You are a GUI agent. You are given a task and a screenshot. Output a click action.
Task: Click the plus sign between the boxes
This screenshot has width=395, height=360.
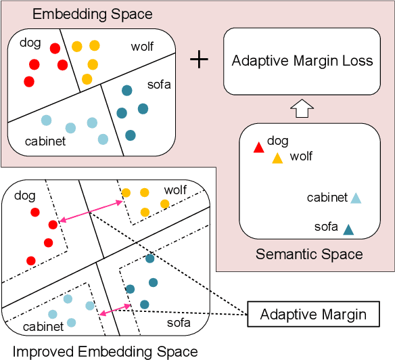[199, 60]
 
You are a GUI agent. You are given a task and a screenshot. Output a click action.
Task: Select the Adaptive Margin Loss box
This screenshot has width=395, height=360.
[302, 61]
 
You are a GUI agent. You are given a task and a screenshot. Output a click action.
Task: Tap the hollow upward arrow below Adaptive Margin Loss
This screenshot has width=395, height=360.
[302, 108]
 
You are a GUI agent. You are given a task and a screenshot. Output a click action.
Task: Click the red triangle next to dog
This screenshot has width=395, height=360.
[258, 147]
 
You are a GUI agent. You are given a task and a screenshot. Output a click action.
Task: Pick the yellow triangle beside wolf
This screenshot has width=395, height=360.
[277, 158]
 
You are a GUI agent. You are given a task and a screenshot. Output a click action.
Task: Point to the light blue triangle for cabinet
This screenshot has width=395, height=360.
[356, 198]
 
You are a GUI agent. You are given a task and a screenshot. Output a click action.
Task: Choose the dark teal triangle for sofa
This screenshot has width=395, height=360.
[348, 229]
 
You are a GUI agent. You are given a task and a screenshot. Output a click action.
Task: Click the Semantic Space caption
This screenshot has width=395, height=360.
[309, 254]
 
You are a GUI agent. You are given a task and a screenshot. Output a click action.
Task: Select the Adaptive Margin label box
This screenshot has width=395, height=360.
[313, 315]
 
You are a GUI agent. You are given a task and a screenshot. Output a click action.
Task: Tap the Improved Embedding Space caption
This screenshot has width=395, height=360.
[106, 351]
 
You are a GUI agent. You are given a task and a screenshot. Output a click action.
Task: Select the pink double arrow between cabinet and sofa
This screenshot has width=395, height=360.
[114, 310]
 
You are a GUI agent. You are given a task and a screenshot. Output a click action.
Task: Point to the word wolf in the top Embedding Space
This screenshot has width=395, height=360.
[142, 47]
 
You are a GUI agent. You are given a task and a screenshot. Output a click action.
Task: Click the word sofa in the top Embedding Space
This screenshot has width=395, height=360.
[159, 85]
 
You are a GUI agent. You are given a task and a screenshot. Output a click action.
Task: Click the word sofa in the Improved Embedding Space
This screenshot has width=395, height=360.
[179, 323]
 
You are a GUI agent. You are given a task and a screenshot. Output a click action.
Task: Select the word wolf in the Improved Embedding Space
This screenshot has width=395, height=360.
[176, 190]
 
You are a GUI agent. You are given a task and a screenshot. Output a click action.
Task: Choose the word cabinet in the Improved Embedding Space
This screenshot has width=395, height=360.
[44, 327]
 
